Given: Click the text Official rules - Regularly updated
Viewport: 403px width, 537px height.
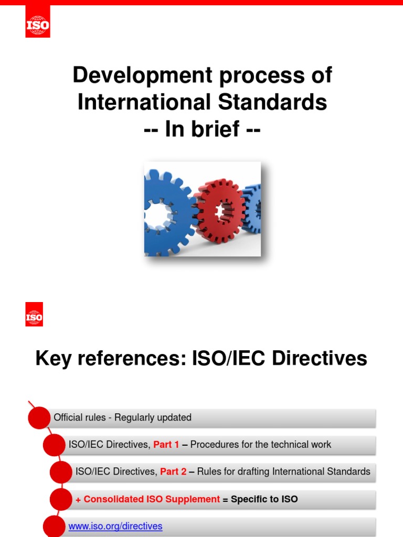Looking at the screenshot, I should pos(122,418).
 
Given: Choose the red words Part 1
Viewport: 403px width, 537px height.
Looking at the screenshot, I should pos(166,445).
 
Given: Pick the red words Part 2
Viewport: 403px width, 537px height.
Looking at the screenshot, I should pos(173,471).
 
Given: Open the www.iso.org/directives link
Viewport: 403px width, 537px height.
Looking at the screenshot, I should pos(115,526).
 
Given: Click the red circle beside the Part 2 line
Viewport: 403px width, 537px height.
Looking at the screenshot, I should pos(60,472).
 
